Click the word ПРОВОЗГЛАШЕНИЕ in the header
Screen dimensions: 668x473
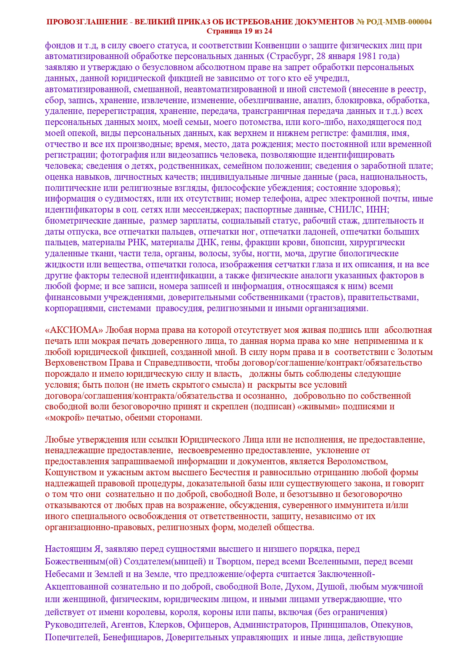(87, 22)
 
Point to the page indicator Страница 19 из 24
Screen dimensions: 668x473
(239, 31)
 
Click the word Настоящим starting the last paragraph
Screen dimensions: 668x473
(66, 549)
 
